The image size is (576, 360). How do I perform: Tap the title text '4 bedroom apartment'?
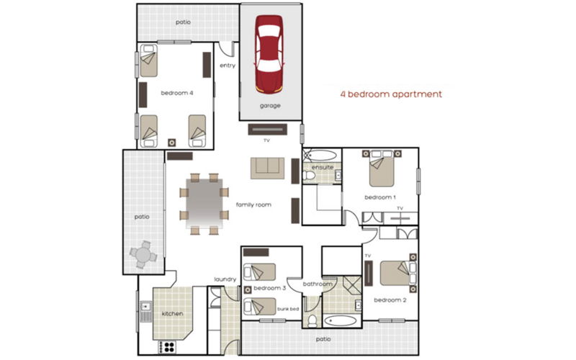[x=390, y=94]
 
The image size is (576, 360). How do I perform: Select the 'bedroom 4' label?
[x=176, y=93]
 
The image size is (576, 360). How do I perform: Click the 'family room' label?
[x=253, y=205]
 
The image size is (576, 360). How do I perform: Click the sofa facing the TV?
[x=268, y=167]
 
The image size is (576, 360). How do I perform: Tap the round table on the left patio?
[x=143, y=254]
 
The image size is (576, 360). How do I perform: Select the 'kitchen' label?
[x=173, y=314]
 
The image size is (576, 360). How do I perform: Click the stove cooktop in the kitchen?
[x=167, y=346]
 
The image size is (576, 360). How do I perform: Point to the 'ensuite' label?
[x=322, y=168]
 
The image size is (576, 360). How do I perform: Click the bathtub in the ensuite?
[x=319, y=154]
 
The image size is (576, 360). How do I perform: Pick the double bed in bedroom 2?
[x=395, y=274]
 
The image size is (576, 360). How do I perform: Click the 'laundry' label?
[x=225, y=279]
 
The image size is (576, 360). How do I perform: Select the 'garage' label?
[x=270, y=106]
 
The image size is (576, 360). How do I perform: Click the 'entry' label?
[x=228, y=66]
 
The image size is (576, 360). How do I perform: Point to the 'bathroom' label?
[x=318, y=284]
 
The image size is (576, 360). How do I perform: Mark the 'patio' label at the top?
[x=184, y=22]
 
